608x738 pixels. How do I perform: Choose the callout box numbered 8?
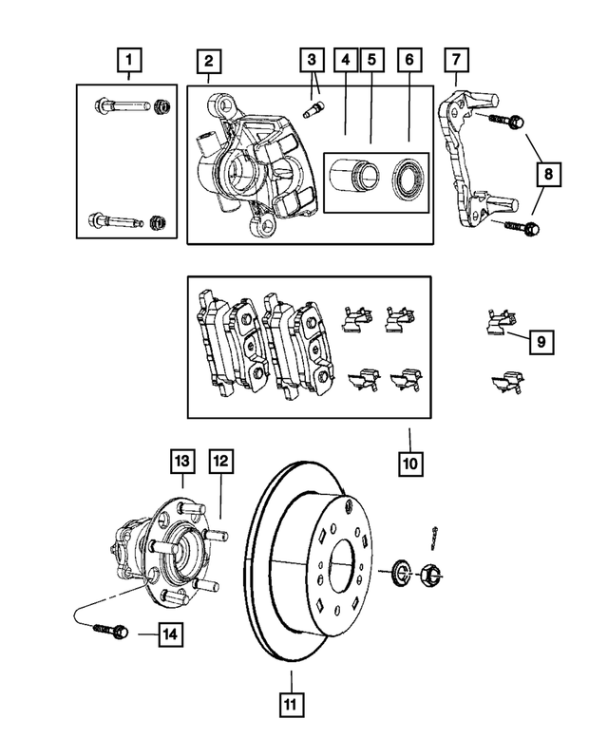point(548,176)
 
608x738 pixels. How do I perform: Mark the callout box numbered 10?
point(410,464)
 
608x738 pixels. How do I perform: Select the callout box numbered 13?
point(182,463)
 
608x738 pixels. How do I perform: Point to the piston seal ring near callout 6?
point(405,176)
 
